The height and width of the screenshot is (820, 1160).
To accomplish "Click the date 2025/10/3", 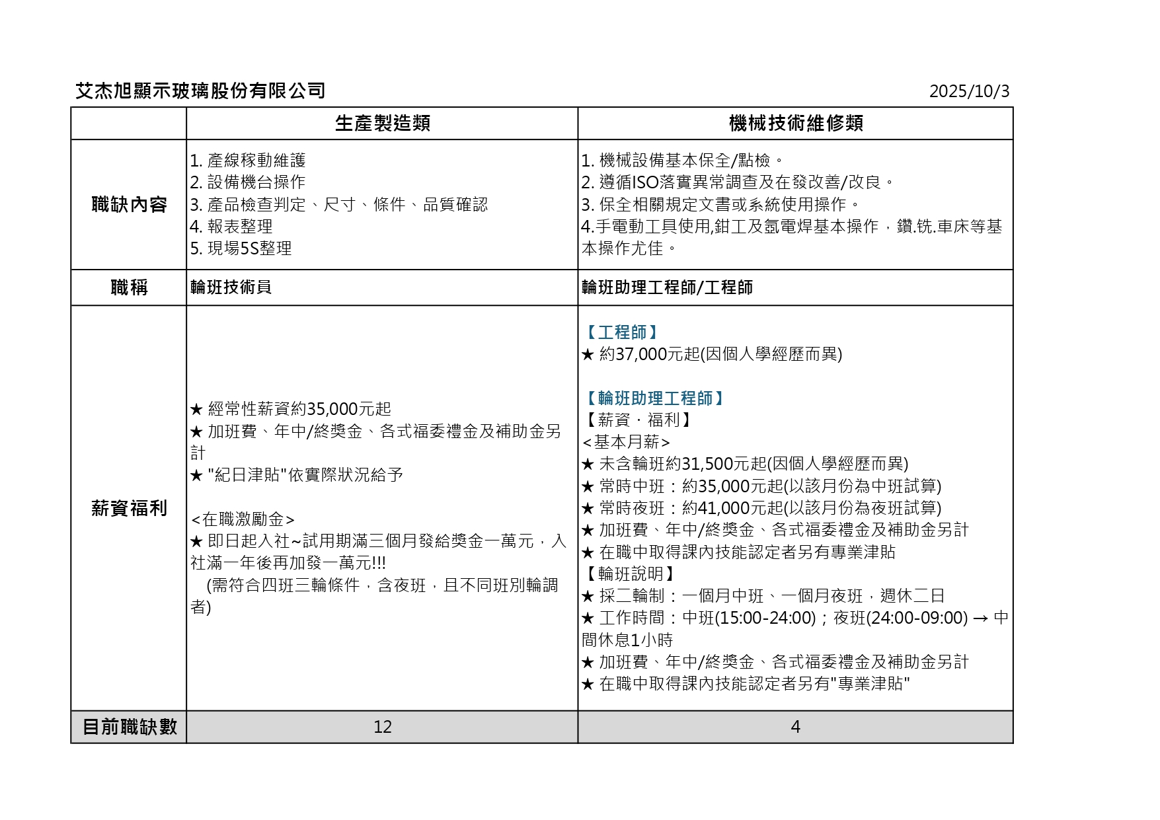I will [x=969, y=91].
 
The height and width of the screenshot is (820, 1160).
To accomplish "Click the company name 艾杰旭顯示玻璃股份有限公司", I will [x=200, y=91].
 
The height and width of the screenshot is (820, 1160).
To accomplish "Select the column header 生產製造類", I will [x=382, y=124].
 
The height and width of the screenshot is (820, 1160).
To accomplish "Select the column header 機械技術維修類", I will [x=795, y=124].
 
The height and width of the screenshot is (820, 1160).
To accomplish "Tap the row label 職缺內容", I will [x=129, y=205].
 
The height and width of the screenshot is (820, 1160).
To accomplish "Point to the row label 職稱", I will [x=129, y=287].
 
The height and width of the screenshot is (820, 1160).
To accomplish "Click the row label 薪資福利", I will [x=129, y=508].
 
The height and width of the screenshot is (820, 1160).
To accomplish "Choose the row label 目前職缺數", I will [x=129, y=727].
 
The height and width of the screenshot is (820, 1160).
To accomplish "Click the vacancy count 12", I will [x=382, y=727].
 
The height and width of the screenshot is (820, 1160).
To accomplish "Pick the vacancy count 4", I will [x=795, y=727].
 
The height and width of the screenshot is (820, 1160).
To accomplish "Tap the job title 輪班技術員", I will [x=231, y=287].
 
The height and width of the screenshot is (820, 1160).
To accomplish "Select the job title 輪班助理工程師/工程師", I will [x=667, y=287].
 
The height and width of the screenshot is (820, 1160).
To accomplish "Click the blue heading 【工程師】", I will [x=621, y=332].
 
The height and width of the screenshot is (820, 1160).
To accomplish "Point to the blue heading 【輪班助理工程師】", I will [x=654, y=398].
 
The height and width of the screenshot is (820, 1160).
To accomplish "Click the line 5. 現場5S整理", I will [x=241, y=248].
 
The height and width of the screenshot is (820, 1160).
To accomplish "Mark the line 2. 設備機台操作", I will [x=247, y=182].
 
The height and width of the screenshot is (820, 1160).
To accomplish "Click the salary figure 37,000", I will [x=640, y=354].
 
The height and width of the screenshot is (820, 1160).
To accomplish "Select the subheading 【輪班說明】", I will [x=630, y=574].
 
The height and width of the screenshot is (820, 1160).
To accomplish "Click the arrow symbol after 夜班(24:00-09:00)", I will [x=981, y=618].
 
